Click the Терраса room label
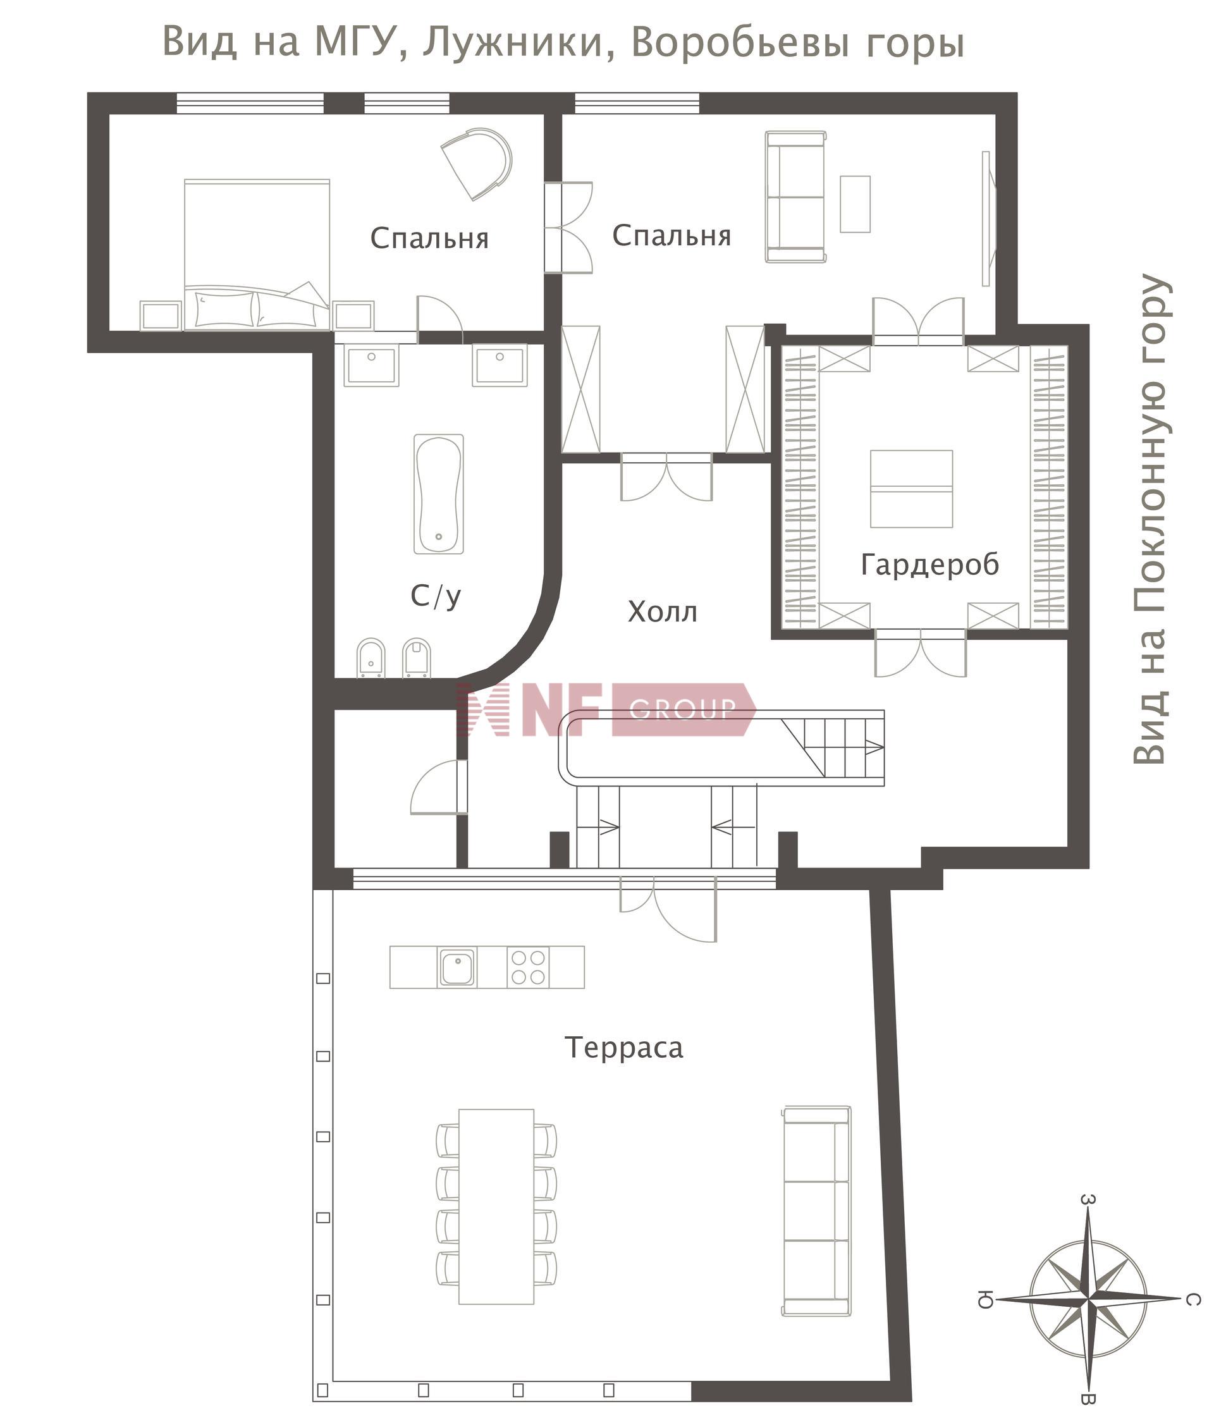pos(624,1048)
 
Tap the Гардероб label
pos(930,565)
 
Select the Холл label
pos(662,612)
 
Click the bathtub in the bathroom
pos(439,493)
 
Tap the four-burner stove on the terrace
pos(529,967)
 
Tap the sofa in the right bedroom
pos(795,197)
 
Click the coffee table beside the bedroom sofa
pos(855,204)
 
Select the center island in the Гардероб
pos(911,489)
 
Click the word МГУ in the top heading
pos(357,42)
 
